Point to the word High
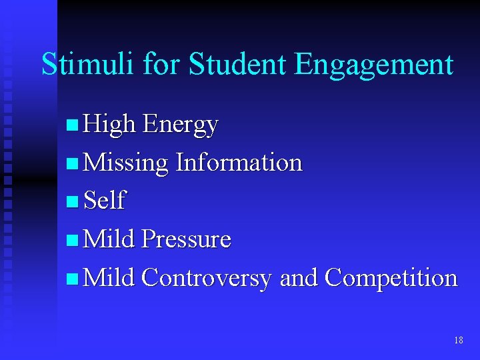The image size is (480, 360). pos(110,125)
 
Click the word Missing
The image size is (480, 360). pos(127,163)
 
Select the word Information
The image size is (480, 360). pos(239,162)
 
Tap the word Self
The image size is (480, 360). pos(105,201)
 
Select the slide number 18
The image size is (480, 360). pos(458,341)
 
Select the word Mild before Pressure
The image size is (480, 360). pos(110,239)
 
